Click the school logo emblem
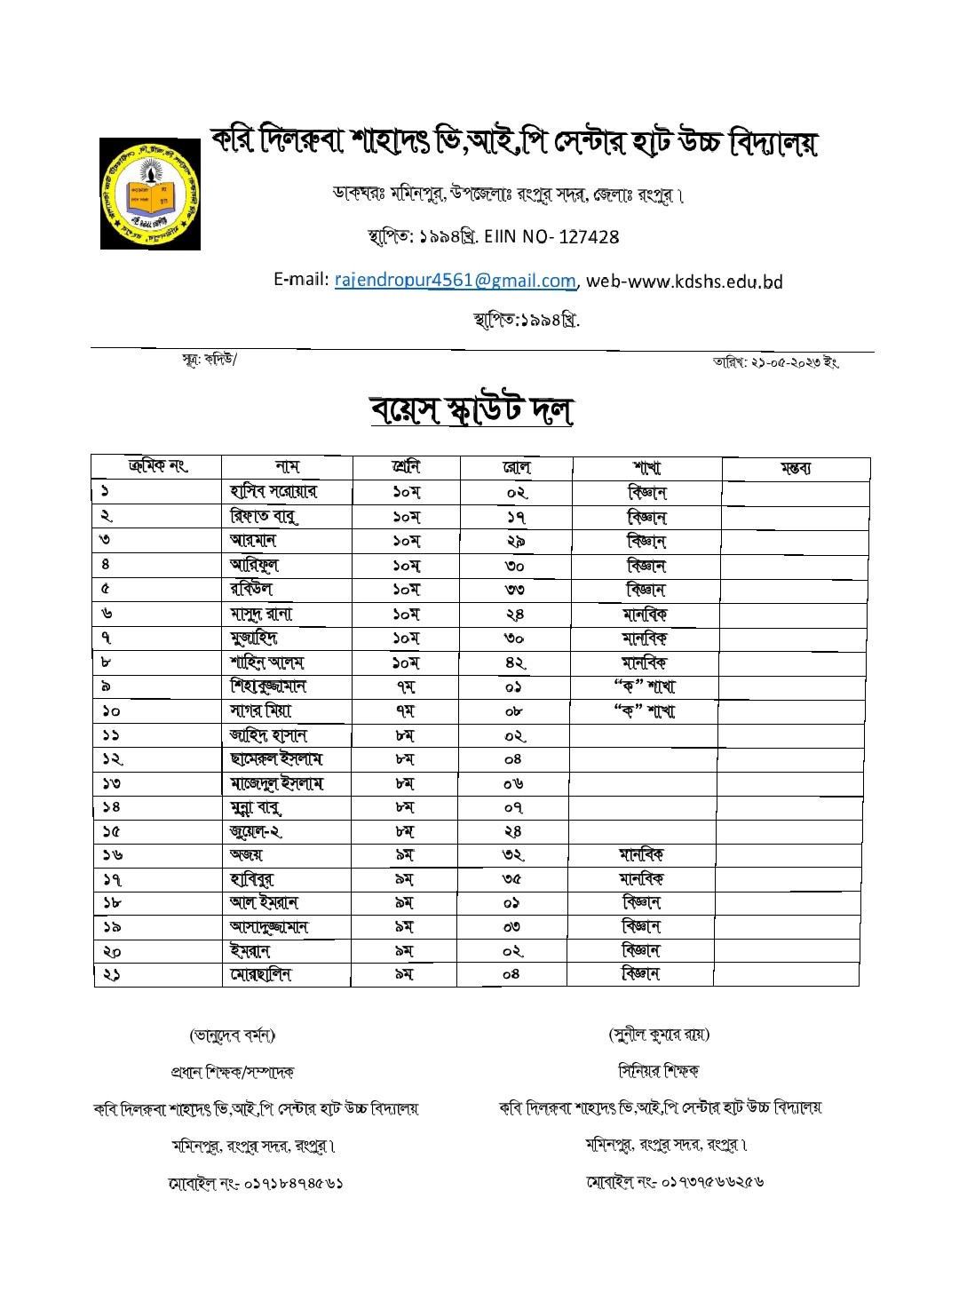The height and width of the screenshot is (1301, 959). tap(150, 194)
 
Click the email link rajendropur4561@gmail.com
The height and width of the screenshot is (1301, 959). tap(455, 281)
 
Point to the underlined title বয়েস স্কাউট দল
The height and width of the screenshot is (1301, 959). tap(472, 409)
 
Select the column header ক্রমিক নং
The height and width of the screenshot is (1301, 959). tap(157, 466)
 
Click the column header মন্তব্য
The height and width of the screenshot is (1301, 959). tap(795, 468)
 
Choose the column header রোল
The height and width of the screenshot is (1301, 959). tap(516, 467)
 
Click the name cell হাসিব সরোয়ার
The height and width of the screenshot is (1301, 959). tap(273, 492)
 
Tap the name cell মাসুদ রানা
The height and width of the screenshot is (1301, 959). tap(260, 614)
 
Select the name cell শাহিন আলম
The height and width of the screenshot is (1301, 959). tap(266, 662)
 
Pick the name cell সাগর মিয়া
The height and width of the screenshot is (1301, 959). tap(260, 710)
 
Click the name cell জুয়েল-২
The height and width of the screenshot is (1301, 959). tap(256, 832)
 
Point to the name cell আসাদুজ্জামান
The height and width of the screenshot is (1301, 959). tap(269, 927)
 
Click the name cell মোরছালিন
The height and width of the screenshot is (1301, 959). tap(260, 975)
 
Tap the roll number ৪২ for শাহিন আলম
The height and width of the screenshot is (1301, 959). tap(515, 662)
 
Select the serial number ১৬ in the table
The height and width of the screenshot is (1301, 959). tap(112, 856)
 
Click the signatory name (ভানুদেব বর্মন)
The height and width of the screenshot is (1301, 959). tap(233, 1035)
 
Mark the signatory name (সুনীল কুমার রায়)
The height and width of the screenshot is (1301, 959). tap(659, 1035)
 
